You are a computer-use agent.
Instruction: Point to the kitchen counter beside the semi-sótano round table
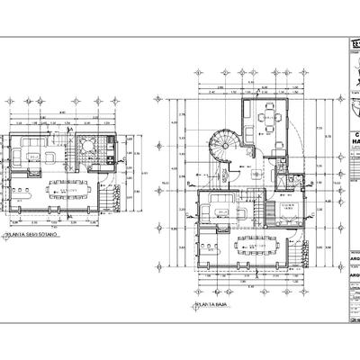(x=109, y=148)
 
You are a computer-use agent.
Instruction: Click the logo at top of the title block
(x=353, y=49)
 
